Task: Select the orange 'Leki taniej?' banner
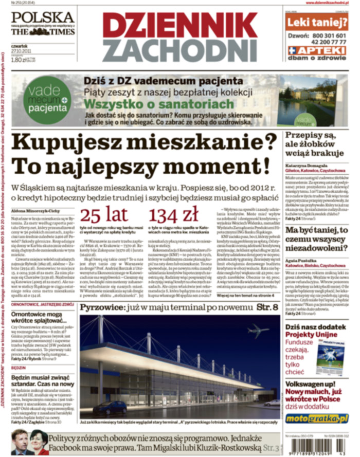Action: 316,22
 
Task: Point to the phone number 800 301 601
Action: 327,35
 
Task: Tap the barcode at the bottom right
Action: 316,446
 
